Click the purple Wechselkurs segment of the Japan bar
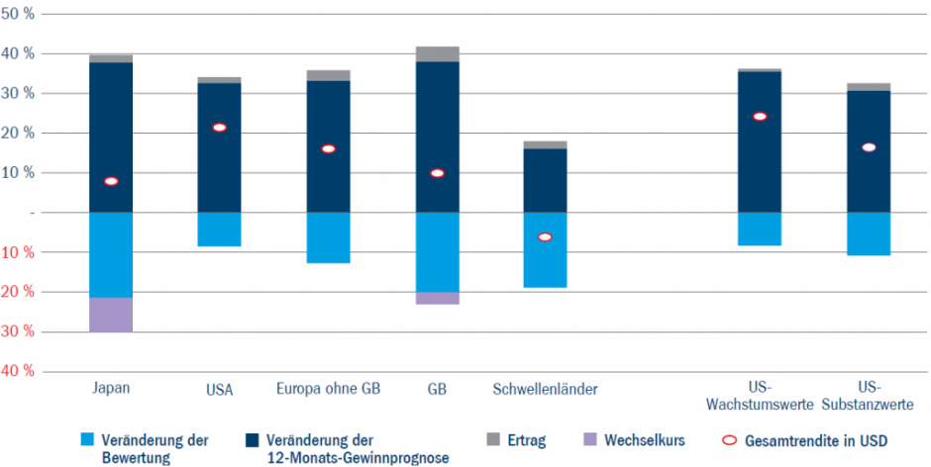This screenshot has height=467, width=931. [x=111, y=315]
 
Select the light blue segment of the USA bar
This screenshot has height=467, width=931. [x=219, y=229]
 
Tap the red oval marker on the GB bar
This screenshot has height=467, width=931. [x=437, y=173]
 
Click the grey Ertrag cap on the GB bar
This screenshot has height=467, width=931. [x=437, y=53]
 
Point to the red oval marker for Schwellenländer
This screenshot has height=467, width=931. [x=545, y=237]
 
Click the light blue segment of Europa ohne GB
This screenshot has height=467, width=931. [x=328, y=237]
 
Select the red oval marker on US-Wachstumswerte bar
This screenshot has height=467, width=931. [x=760, y=117]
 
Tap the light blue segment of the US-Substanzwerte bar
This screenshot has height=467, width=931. [x=869, y=233]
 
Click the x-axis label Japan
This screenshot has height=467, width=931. [x=111, y=389]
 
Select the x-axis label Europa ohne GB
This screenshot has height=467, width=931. [x=328, y=389]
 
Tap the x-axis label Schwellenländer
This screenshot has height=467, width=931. [x=545, y=389]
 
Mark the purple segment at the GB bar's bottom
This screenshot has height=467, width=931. [x=437, y=298]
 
